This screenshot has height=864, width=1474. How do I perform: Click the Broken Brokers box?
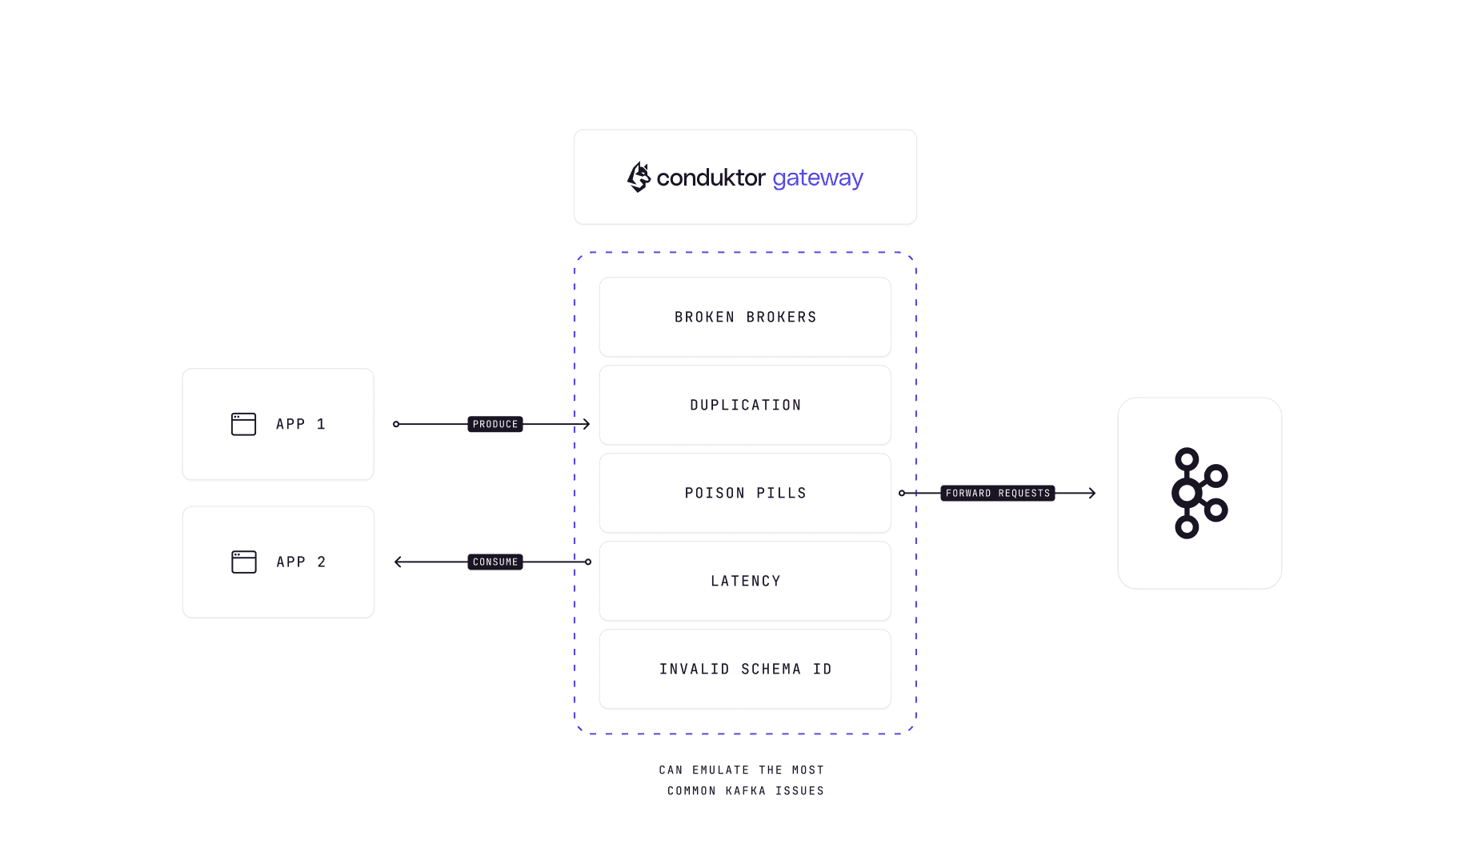tap(745, 317)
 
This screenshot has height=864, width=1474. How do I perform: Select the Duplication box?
tap(745, 405)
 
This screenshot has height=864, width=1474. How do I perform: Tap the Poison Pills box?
tap(745, 493)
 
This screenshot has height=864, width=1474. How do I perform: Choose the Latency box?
tap(745, 581)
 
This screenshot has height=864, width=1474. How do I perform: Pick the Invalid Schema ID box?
tap(745, 669)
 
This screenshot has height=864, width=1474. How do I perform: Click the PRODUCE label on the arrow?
tap(495, 424)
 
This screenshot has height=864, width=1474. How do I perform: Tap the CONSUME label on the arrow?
tap(495, 562)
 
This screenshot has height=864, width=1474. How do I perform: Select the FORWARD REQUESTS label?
tap(997, 493)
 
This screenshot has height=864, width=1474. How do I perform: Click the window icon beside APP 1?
tap(243, 424)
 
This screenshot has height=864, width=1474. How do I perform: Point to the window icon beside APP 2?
tap(243, 562)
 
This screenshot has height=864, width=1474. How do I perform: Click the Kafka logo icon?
tap(1199, 493)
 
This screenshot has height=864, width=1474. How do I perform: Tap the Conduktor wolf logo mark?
tap(639, 177)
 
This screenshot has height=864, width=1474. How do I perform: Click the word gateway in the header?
tap(817, 178)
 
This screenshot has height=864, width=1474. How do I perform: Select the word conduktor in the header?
tap(711, 178)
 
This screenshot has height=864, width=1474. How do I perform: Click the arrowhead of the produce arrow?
tap(587, 424)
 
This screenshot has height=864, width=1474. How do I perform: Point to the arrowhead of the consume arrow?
tap(399, 562)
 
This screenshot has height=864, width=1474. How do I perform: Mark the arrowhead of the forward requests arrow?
tap(1092, 493)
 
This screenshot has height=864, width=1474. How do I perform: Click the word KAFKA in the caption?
tap(745, 790)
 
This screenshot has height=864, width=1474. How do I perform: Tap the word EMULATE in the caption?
tap(720, 770)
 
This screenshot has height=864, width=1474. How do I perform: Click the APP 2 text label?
tap(301, 562)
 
